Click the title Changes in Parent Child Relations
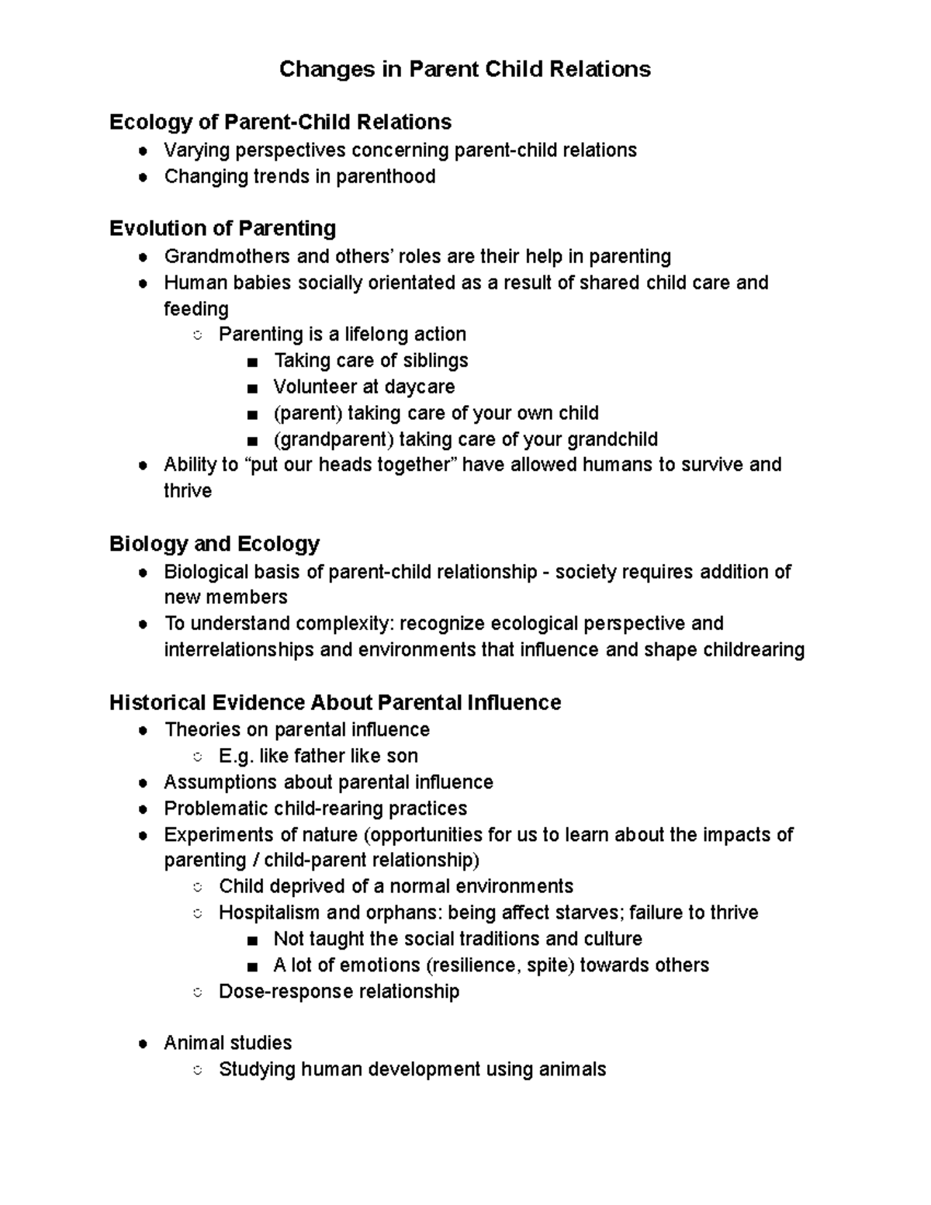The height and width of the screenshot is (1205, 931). coord(465,70)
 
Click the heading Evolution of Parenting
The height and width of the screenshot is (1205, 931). coord(223,228)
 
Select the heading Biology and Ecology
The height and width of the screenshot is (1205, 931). coord(214,543)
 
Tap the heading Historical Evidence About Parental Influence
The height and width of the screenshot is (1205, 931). coord(335,703)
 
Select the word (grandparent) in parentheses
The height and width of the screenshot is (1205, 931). coord(334,440)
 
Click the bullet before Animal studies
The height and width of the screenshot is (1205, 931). coord(143,1044)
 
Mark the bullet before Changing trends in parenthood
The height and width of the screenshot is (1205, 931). coord(143,178)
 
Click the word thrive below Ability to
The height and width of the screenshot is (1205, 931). coord(188,491)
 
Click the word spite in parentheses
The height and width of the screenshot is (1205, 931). coord(547,965)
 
